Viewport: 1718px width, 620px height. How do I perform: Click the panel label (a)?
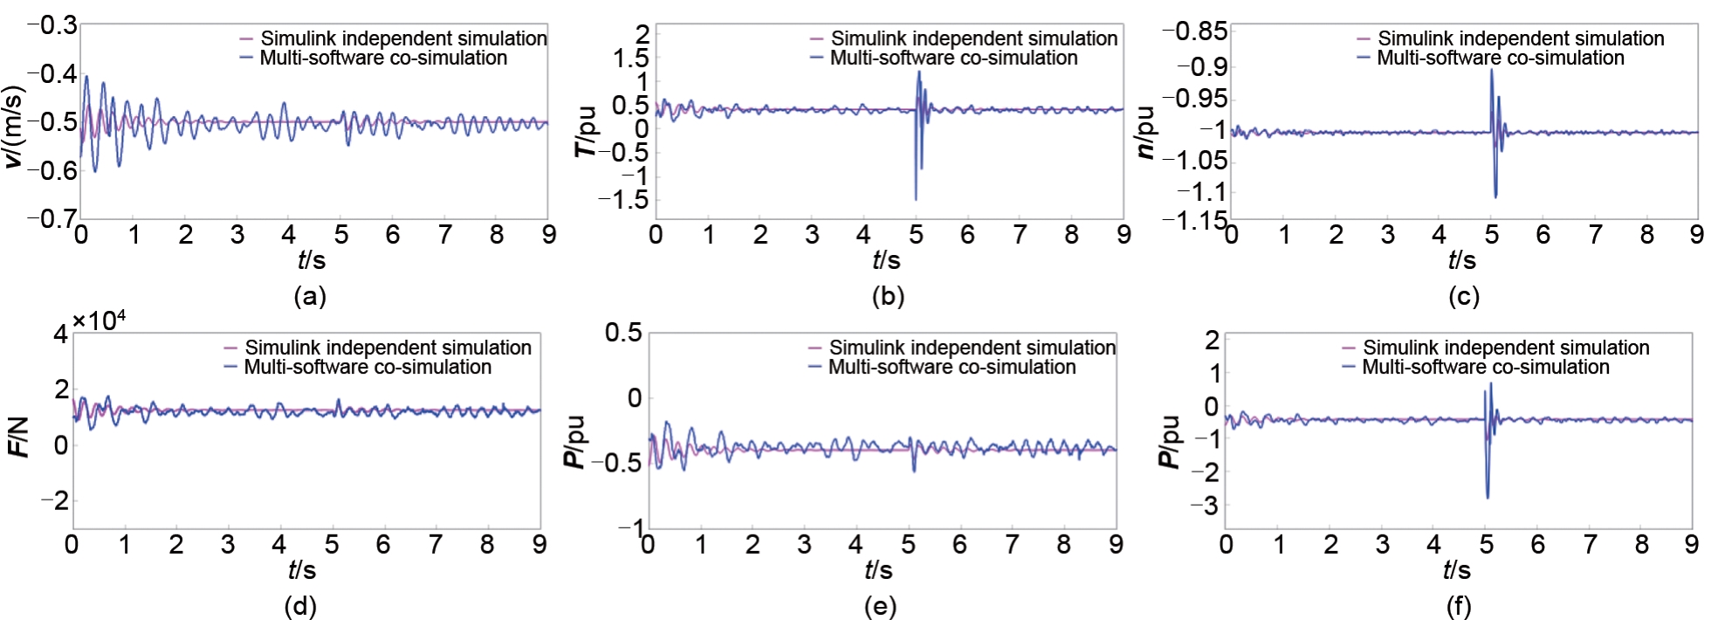pos(310,297)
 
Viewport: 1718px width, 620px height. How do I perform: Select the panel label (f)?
pos(1458,606)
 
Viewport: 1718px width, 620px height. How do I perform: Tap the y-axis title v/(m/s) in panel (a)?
pos(15,122)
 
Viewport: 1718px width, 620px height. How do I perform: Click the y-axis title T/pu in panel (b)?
pos(586,131)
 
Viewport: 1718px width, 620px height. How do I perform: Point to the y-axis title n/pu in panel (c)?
pos(1146,132)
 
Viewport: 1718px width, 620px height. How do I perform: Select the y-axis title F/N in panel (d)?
pos(18,437)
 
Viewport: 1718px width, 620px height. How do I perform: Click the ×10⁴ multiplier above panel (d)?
pos(100,321)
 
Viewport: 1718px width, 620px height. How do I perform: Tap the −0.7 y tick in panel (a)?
pos(52,218)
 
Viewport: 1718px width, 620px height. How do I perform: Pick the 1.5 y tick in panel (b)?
pos(630,59)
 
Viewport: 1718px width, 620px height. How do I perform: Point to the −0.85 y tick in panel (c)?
pos(1194,31)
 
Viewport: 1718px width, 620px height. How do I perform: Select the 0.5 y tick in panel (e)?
pos(624,333)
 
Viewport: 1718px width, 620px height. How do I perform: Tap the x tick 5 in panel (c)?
pos(1491,235)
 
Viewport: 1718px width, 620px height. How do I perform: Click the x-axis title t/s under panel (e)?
pos(878,570)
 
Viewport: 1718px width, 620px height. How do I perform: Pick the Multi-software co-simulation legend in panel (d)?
pos(368,367)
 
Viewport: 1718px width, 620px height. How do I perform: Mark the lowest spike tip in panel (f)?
pos(1488,498)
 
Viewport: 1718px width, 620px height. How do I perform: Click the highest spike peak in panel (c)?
pos(1491,70)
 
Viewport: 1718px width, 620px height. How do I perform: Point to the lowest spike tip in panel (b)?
pos(916,200)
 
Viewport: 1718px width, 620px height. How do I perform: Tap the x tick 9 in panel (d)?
pos(539,545)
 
